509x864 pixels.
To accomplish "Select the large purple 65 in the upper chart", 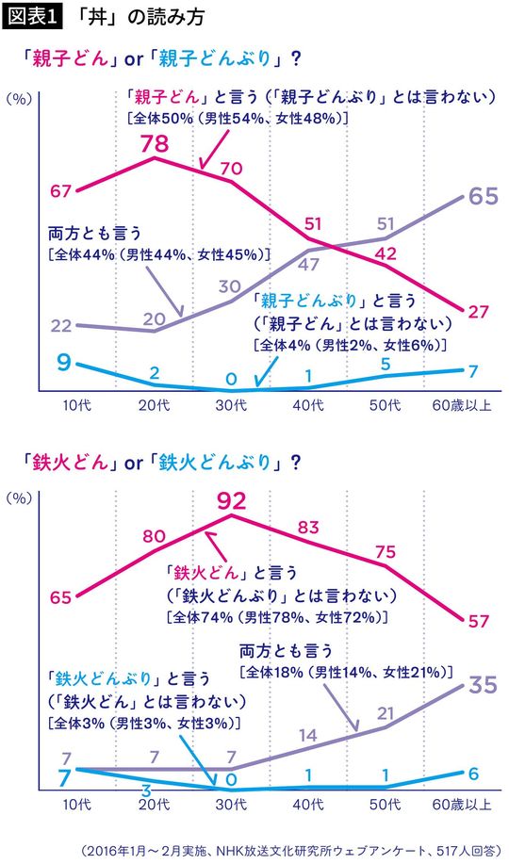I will tap(483, 197).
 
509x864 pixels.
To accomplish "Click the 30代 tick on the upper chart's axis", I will tap(231, 405).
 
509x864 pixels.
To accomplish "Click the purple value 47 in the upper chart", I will tap(308, 265).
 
